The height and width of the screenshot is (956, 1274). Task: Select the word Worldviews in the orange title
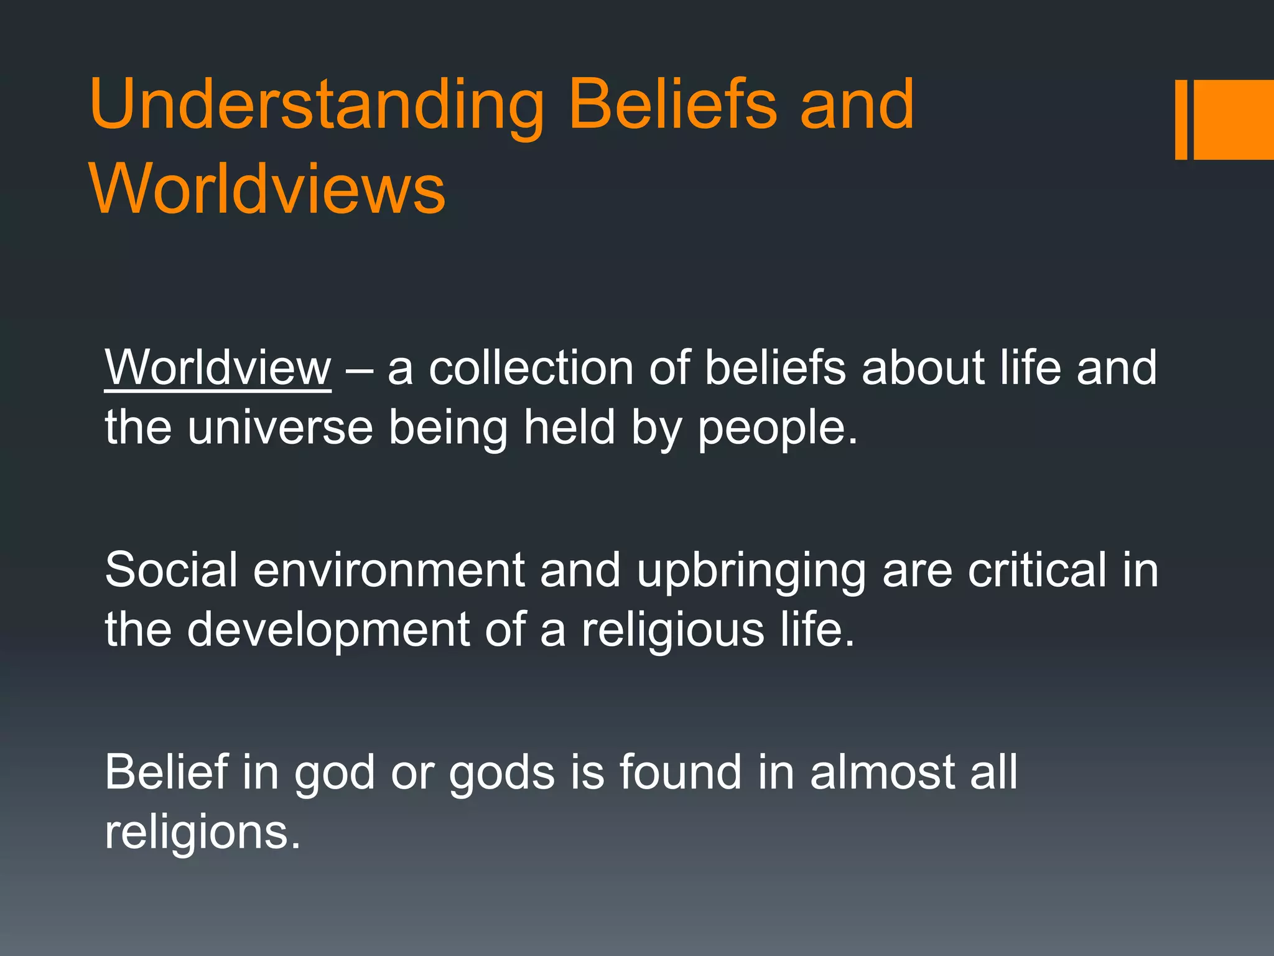pos(267,189)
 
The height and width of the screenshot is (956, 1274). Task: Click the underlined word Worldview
pos(218,368)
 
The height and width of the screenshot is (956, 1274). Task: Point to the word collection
pos(531,368)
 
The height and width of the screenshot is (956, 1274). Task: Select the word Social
pos(171,569)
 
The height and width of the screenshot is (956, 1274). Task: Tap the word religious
pos(672,630)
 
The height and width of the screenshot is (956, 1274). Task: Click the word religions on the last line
pos(202,833)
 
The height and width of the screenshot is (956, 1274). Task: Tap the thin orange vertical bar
pos(1181,119)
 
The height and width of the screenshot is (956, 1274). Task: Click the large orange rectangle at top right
pos(1234,119)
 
